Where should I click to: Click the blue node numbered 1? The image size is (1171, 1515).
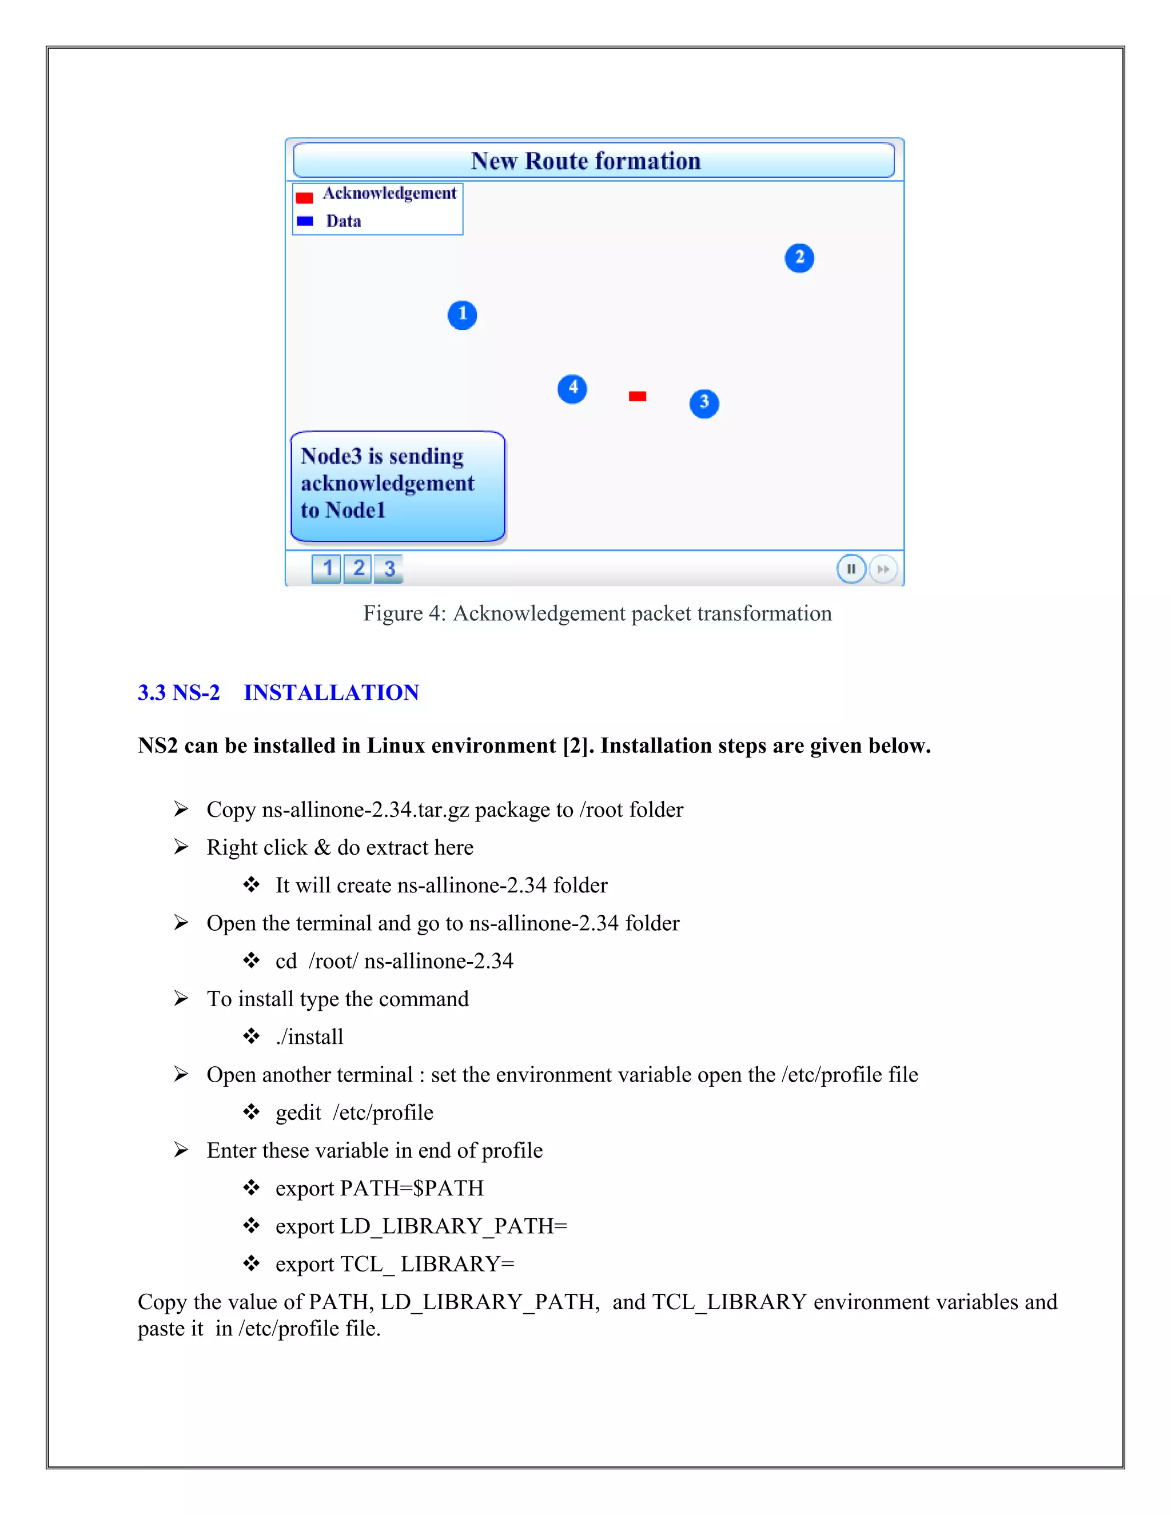[x=462, y=315]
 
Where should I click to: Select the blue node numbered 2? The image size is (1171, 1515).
[x=799, y=258]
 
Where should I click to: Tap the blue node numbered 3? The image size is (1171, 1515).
[x=704, y=403]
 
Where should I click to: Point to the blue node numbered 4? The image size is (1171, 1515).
[x=572, y=388]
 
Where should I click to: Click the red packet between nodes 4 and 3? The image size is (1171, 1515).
[x=638, y=396]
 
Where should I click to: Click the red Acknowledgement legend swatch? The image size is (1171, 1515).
[x=304, y=198]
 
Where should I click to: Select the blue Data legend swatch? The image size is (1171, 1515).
[x=305, y=221]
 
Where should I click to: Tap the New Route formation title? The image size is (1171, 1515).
[x=585, y=161]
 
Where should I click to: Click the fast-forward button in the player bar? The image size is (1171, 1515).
[x=882, y=569]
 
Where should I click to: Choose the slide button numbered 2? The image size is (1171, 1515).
[x=358, y=568]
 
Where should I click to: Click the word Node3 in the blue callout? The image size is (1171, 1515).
[x=331, y=456]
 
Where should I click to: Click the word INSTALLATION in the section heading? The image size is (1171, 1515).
[x=331, y=692]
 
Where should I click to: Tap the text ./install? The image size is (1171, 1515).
[x=309, y=1036]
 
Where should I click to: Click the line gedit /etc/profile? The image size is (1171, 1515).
[x=354, y=1112]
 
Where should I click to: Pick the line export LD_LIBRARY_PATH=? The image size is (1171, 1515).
[x=421, y=1226]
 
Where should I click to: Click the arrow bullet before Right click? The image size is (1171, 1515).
[x=181, y=847]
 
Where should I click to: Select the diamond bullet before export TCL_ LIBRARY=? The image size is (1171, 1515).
[x=251, y=1263]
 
